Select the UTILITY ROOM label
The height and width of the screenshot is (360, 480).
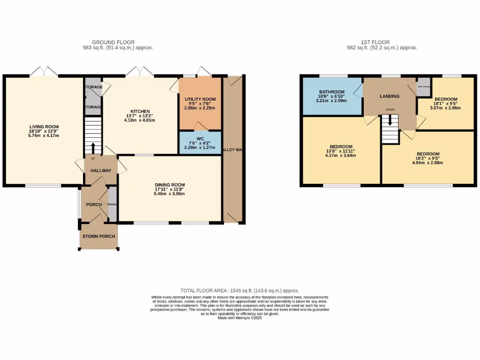point(200,99)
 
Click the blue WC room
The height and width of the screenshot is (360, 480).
point(200,142)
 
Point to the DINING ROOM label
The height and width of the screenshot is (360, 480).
point(170,185)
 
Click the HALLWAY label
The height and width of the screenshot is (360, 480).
point(101,171)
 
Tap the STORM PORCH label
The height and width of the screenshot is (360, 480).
point(98,236)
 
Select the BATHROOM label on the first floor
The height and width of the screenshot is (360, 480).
point(332,92)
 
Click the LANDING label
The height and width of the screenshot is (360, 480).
point(390,96)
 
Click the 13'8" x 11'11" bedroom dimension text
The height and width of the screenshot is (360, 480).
point(341,151)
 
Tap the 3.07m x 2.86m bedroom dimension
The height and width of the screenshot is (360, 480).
point(446,108)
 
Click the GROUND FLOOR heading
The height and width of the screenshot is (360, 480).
point(113,42)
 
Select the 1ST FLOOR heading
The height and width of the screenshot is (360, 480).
point(375,42)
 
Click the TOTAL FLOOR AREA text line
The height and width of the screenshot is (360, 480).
point(240,291)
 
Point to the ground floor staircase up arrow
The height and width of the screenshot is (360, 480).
point(93,148)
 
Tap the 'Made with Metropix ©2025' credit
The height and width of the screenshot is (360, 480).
point(240,318)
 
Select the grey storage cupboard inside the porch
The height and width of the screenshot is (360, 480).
point(112,204)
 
